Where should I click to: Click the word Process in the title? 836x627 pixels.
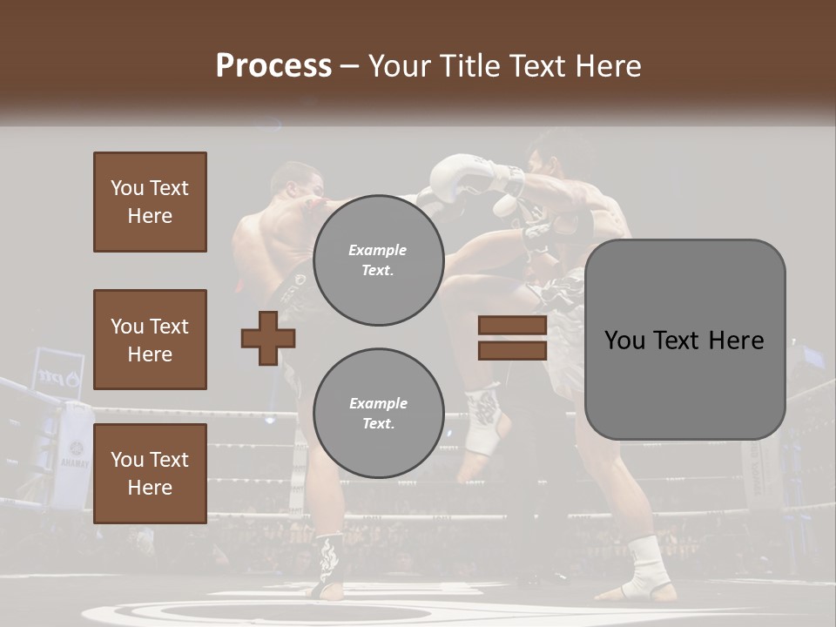click(x=273, y=66)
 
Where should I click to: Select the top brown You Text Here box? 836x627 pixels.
click(x=150, y=202)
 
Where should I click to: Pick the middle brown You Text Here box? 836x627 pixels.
click(x=150, y=340)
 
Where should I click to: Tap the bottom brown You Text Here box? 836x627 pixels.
click(x=150, y=473)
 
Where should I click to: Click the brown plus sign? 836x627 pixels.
click(x=267, y=338)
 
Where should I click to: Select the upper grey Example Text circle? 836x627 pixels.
click(x=378, y=260)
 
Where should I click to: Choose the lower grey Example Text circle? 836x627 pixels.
click(x=378, y=414)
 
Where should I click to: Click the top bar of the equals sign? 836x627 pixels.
click(x=512, y=326)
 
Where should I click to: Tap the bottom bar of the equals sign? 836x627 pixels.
click(x=512, y=350)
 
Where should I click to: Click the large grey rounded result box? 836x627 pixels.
click(x=684, y=340)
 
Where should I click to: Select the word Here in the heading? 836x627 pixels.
click(x=605, y=66)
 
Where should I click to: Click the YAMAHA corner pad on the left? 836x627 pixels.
click(x=73, y=457)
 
